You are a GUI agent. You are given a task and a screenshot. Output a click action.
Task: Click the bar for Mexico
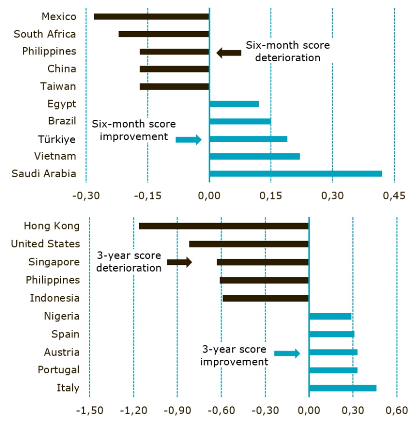[x=151, y=17]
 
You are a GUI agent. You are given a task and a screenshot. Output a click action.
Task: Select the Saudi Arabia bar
[x=295, y=174]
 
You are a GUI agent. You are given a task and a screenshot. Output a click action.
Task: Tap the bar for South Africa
[x=164, y=34]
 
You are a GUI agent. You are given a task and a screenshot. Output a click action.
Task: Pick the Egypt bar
[x=234, y=104]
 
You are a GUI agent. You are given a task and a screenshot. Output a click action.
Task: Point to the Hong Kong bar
[x=224, y=226]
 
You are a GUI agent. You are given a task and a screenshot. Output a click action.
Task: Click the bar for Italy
[x=343, y=388]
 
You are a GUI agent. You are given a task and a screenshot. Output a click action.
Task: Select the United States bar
[x=249, y=244]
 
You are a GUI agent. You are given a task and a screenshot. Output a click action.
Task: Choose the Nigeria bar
[x=330, y=316]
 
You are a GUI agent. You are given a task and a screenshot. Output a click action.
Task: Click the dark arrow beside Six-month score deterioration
[x=229, y=52]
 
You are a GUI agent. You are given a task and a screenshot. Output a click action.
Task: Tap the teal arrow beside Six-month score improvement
[x=188, y=139]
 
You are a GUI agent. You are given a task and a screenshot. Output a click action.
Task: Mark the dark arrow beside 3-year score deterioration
[x=180, y=262]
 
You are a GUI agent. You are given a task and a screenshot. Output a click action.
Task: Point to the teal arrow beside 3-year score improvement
[x=287, y=353]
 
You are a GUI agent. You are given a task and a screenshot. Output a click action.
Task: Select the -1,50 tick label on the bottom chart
[x=89, y=411]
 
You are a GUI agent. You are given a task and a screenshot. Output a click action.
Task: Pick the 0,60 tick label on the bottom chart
[x=396, y=411]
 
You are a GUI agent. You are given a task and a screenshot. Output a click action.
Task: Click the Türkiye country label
[x=57, y=139]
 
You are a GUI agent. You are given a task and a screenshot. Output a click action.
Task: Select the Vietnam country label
[x=55, y=156]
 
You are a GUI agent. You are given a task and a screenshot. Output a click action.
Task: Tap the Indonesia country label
[x=55, y=298]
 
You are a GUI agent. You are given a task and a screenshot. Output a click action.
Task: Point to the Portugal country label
[x=59, y=370]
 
